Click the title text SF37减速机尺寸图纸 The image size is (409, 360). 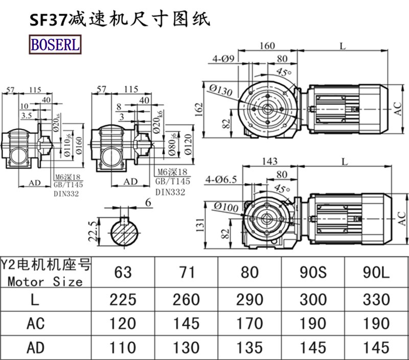click(x=118, y=19)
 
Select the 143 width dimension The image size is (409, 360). click(x=269, y=161)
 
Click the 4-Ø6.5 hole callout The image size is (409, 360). click(x=221, y=179)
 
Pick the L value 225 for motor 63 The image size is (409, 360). click(x=123, y=299)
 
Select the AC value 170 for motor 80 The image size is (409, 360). click(x=250, y=323)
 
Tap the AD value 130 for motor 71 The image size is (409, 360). click(x=187, y=347)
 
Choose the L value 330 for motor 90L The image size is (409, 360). click(x=376, y=299)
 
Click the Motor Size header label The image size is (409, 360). click(x=45, y=281)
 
